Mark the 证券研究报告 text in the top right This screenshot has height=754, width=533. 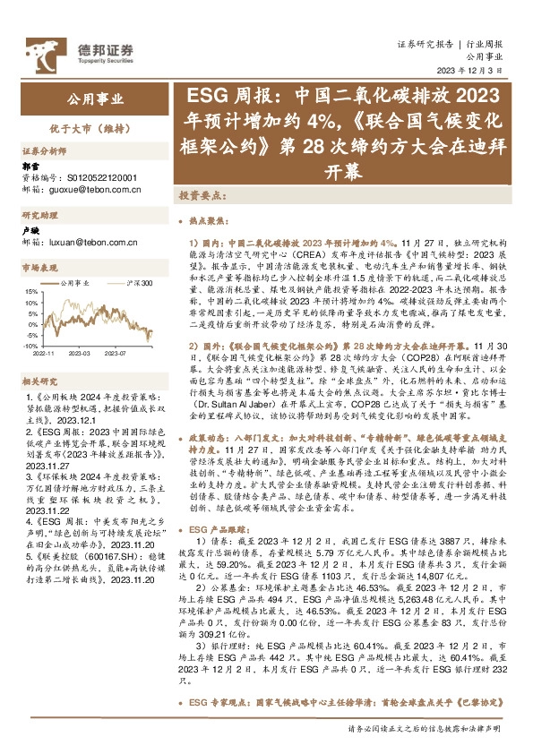[426, 43]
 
